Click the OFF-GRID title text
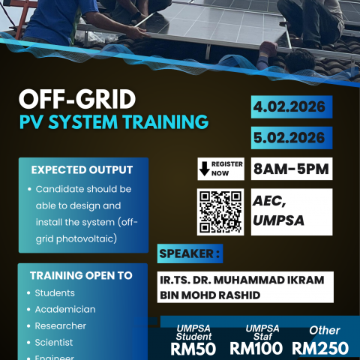coord(78,100)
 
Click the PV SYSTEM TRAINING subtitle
coord(113,121)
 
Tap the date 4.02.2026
coord(288,106)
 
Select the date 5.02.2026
coord(288,138)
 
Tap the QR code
coord(220,211)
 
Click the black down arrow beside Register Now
coord(204,169)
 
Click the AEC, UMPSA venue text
coord(279,210)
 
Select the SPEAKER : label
coord(190,254)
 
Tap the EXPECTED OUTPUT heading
coord(82,170)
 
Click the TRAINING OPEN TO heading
coord(81,275)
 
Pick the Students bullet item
coord(55,292)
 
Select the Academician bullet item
coord(65,309)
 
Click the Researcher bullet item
coord(61,325)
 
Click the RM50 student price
coord(193,348)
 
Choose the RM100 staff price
coord(256,348)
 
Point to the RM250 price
coord(320,348)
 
